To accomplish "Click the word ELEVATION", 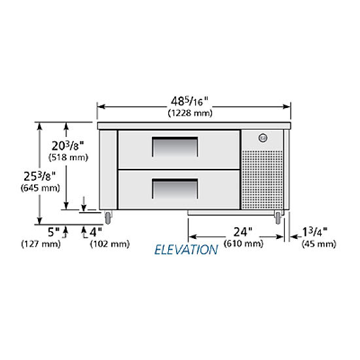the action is (186, 250).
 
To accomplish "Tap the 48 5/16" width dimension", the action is (189, 101).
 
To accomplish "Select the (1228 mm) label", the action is (190, 113).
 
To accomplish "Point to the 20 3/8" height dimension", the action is (67, 145).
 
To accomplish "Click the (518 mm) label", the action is (69, 158).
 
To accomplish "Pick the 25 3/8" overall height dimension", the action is (40, 176).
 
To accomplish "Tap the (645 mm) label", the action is (41, 188).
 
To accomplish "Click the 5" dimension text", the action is (54, 232).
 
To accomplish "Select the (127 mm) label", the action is (41, 244).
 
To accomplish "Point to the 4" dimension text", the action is (96, 232).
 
